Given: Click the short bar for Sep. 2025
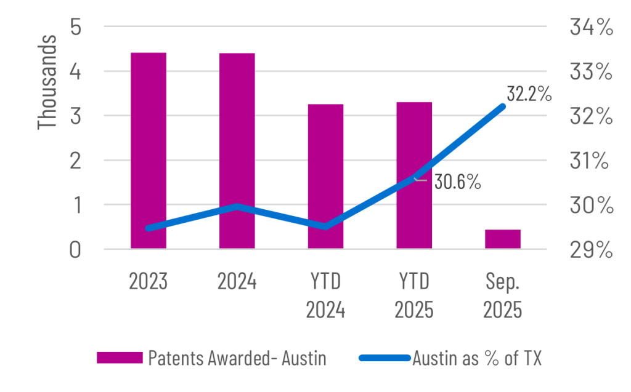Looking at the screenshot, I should point(503,239).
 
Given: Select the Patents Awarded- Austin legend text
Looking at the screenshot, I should point(237,358).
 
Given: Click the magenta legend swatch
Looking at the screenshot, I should point(119,358).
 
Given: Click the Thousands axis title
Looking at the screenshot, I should point(47,82).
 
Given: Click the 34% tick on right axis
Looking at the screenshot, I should point(590,28).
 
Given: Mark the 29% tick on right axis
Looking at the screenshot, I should point(590,250).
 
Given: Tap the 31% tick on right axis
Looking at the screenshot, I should point(590,161).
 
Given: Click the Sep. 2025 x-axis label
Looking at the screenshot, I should point(503,296).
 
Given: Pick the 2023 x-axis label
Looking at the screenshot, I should point(149,282).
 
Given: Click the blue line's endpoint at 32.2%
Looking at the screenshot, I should point(503,106).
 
